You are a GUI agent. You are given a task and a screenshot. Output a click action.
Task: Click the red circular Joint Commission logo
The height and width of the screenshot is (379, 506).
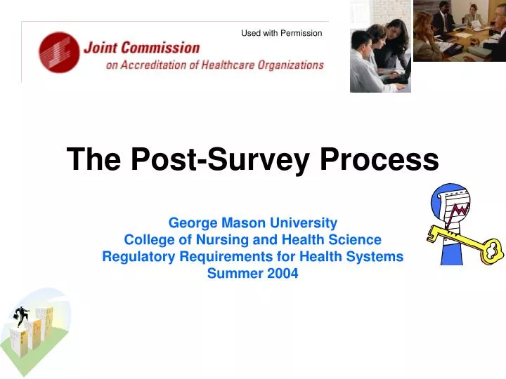(59, 53)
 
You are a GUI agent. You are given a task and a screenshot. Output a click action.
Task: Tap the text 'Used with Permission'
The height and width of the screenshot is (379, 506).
(281, 33)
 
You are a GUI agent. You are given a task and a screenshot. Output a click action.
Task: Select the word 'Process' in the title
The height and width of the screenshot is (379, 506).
(379, 160)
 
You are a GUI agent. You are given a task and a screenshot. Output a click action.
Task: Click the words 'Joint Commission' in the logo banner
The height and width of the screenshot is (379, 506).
(141, 48)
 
